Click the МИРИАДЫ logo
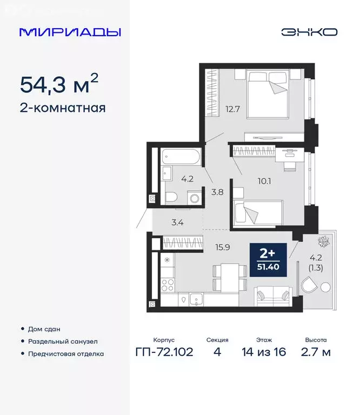[70, 32]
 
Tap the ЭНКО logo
[309, 32]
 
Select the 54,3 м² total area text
[59, 84]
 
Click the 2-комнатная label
[63, 108]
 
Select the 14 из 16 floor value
[264, 353]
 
